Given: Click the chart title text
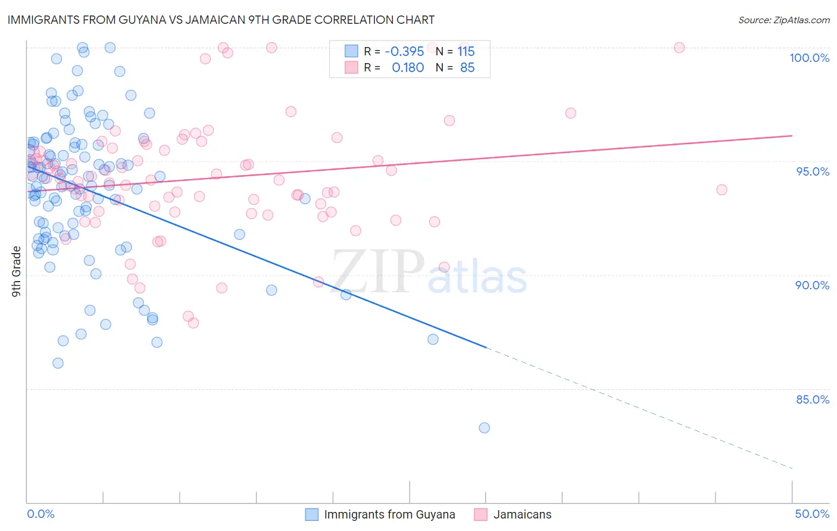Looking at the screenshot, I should (x=221, y=20).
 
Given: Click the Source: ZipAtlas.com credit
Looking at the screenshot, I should (x=783, y=20).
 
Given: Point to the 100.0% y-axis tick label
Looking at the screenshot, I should (x=809, y=58).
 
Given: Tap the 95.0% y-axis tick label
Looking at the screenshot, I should (x=812, y=171).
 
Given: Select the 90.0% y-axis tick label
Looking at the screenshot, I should (x=812, y=285).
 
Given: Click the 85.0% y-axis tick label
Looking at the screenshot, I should (x=812, y=399).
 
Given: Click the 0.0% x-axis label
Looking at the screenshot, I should (x=40, y=514).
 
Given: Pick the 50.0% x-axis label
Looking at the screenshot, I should (x=812, y=514).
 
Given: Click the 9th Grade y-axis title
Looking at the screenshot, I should (x=17, y=271).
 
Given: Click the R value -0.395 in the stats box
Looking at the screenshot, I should (x=404, y=51).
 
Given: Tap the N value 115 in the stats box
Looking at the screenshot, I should (x=466, y=51).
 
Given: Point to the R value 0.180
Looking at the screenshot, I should (x=408, y=68).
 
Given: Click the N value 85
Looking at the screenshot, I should (x=467, y=68).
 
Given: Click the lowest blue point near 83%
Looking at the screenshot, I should (x=484, y=428).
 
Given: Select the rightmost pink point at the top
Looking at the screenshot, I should (x=679, y=48).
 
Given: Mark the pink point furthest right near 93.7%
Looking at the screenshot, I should (x=722, y=190).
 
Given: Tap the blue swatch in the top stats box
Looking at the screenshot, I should (x=351, y=51).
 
